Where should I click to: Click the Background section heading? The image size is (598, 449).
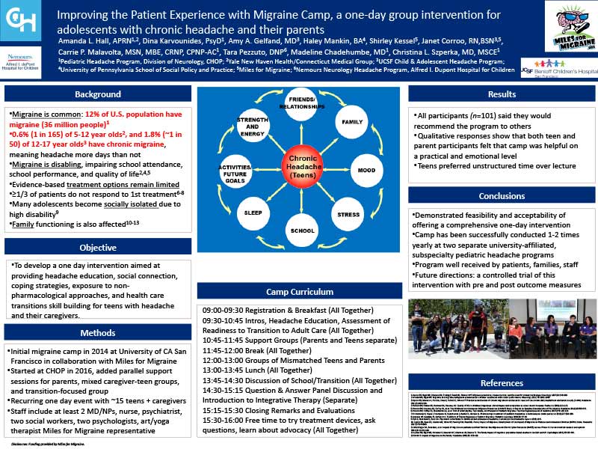point(97,95)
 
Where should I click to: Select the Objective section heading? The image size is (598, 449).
point(97,248)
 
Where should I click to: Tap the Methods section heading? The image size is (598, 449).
point(97,332)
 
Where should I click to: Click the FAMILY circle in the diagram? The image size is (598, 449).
point(351,122)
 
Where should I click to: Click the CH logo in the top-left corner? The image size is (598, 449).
point(21,20)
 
